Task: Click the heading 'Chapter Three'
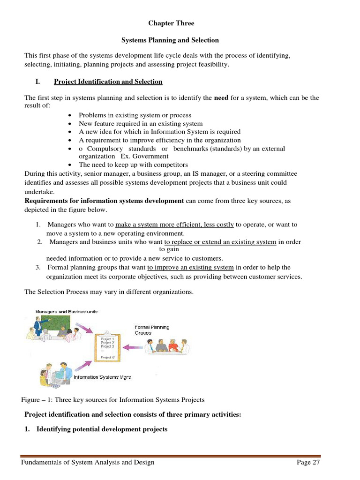171,23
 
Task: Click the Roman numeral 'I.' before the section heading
37,82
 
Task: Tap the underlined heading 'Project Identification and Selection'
108,82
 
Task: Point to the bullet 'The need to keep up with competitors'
133,165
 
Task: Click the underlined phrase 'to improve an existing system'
190,267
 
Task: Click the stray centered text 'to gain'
169,249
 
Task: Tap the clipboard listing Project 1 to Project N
107,347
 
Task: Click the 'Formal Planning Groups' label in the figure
152,330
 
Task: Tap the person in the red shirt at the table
173,346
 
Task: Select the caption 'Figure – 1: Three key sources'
113,400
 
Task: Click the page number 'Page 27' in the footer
308,463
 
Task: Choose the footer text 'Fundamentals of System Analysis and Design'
88,463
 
